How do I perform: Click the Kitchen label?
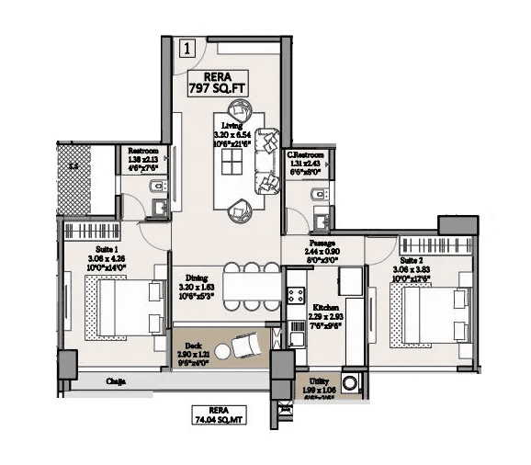click(326, 312)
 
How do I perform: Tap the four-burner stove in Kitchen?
click(297, 296)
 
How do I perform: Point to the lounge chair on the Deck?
click(245, 346)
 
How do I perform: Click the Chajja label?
click(116, 381)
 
